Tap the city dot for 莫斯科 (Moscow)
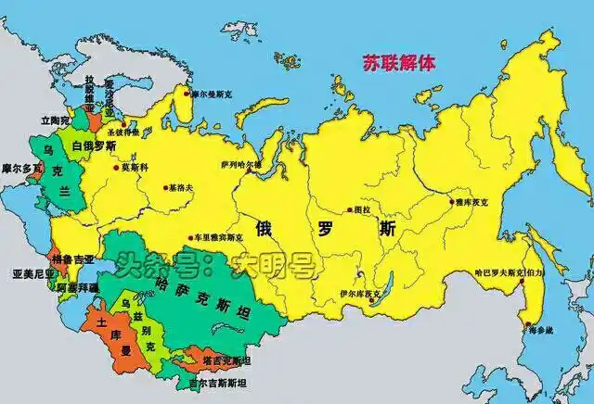click(116, 168)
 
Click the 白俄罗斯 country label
click(94, 146)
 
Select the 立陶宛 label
click(55, 120)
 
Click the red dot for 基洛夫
click(166, 188)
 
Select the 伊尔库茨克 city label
click(359, 295)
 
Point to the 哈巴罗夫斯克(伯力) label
click(510, 274)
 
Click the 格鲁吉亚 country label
click(73, 260)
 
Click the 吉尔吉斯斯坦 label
click(217, 382)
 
